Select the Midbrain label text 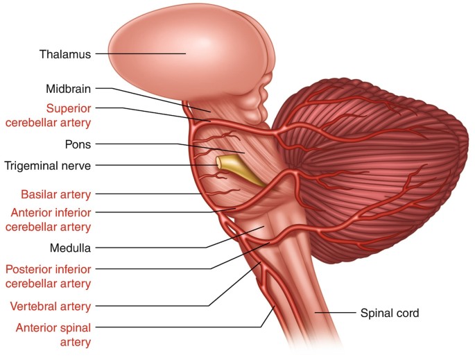(69, 89)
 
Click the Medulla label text (71, 247)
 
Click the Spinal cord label (389, 314)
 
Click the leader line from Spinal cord (336, 314)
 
